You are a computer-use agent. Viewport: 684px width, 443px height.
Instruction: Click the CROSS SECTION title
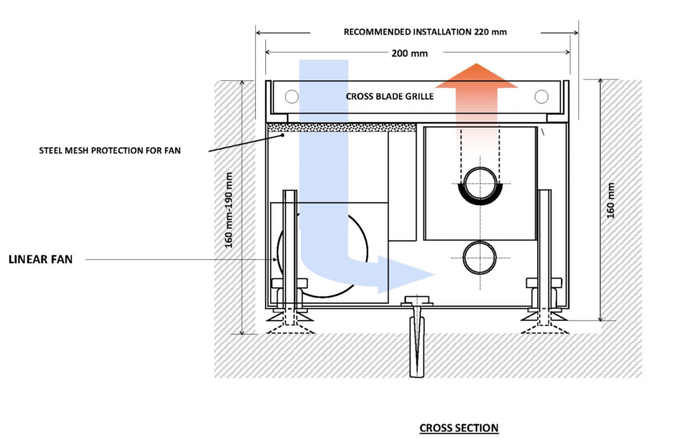pos(458,428)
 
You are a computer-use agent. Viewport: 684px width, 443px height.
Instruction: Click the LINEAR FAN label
pos(40,259)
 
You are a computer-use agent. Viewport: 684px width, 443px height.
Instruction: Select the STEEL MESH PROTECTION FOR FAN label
pos(110,150)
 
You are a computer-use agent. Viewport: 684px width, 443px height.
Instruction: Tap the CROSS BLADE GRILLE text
pos(389,96)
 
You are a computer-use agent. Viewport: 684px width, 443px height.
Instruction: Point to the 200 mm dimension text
pos(409,53)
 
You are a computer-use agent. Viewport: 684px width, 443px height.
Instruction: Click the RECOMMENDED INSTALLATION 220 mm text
pos(425,31)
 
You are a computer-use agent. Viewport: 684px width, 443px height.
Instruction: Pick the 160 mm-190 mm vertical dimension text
pos(229,209)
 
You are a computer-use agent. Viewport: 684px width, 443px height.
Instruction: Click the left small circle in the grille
pos(291,96)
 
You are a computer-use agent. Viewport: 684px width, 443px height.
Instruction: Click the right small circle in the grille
pos(541,96)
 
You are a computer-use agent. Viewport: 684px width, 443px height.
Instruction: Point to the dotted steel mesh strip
pos(341,127)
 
